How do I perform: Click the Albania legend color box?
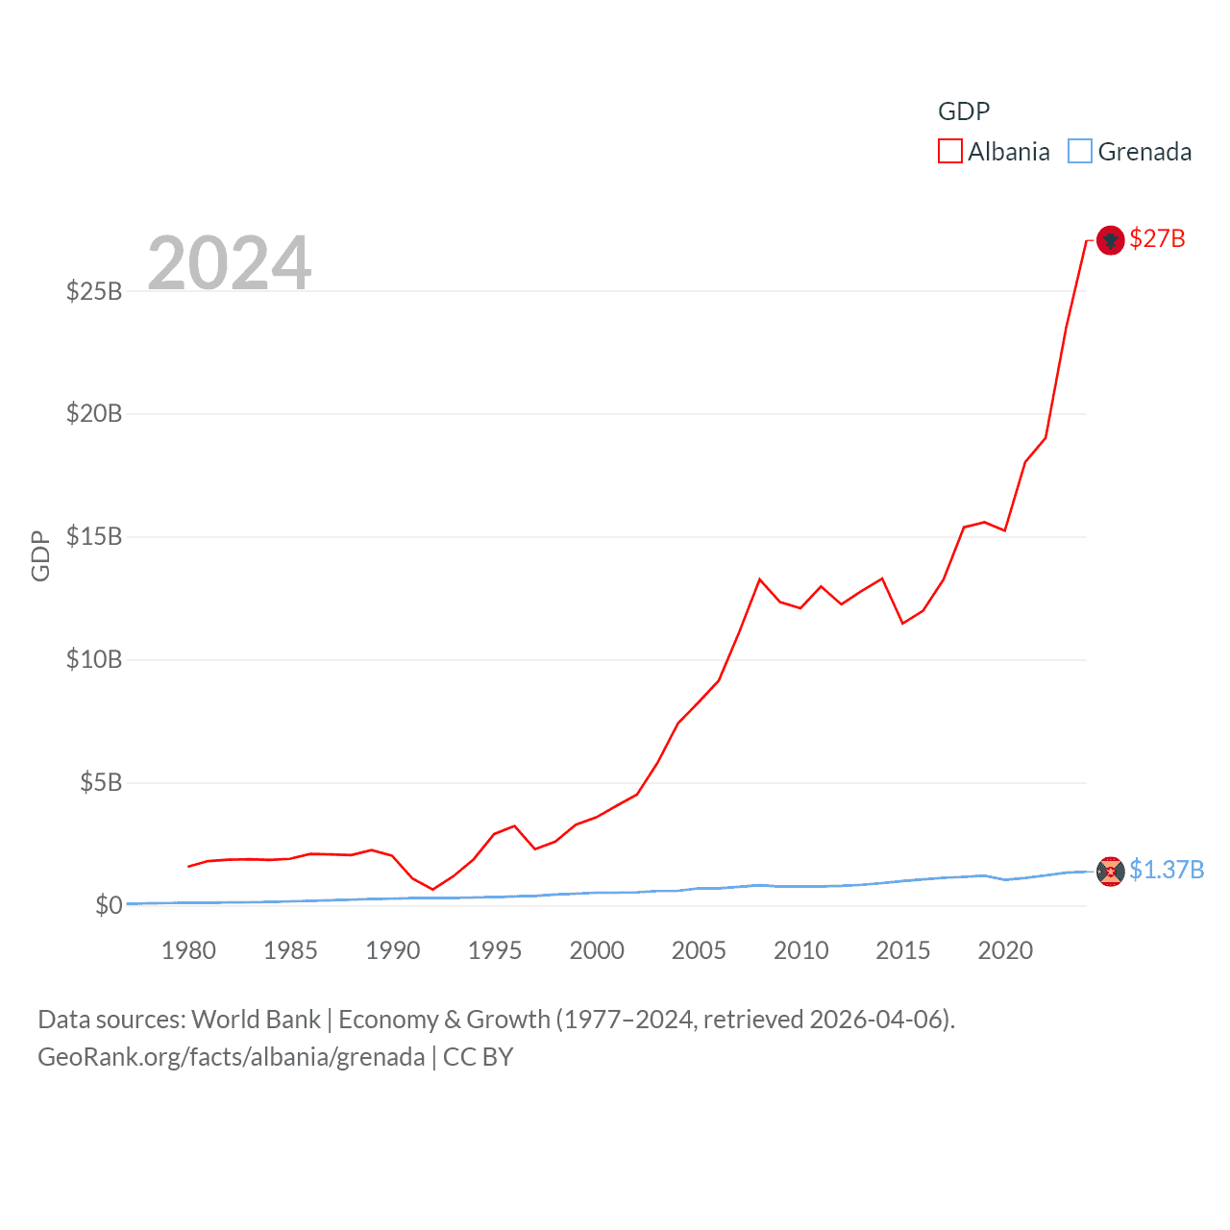point(949,152)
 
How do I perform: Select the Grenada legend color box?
point(1080,152)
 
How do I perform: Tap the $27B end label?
point(1157,238)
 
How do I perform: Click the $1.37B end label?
point(1167,870)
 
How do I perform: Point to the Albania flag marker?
point(1110,239)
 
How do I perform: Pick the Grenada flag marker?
point(1110,871)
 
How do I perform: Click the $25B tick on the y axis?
point(94,290)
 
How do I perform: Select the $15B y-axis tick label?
point(94,536)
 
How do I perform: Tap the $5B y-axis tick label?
point(101,782)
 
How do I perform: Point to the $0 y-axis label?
point(109,905)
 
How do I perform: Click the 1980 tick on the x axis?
point(188,950)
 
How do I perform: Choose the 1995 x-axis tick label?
point(495,950)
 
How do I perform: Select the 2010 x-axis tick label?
point(800,950)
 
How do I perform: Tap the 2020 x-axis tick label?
point(1005,950)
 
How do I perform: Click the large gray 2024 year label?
point(230,262)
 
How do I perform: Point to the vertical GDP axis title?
point(40,555)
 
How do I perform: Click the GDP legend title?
point(964,111)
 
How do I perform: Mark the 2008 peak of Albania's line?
point(759,579)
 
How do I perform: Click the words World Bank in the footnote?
point(256,1019)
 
